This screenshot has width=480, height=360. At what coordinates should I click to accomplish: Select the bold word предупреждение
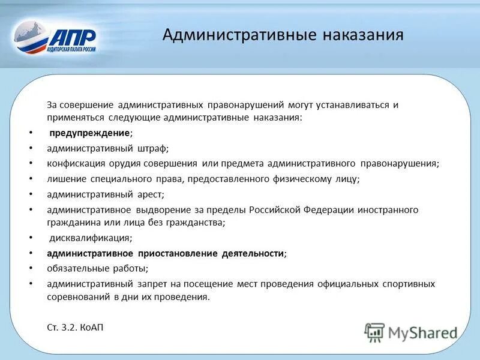(x=89, y=133)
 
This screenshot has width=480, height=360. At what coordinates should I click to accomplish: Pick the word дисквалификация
(x=90, y=238)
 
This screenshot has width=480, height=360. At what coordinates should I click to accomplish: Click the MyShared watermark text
(x=422, y=332)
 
